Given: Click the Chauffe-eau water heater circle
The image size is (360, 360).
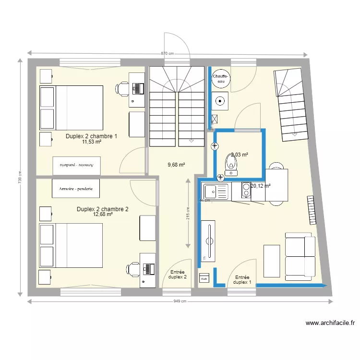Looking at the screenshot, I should click(221, 79).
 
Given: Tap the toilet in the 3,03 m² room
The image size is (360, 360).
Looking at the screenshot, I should click(232, 163).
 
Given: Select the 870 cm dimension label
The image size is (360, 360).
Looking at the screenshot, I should click(167, 54).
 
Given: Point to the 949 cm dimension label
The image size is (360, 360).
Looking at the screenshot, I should click(180, 301).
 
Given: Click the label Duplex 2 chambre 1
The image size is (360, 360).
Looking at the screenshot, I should click(92, 136).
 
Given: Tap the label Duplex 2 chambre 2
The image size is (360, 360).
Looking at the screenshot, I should click(103, 209).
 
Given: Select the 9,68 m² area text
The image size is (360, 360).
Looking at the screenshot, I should click(176, 165).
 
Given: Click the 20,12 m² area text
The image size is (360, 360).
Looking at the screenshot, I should click(260, 186).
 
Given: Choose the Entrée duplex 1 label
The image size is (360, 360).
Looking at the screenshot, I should click(242, 280).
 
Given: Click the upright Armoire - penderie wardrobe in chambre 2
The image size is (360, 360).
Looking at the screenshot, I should click(76, 189).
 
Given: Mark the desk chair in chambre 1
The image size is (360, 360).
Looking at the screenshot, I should click(122, 88).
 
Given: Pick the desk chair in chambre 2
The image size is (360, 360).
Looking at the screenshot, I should click(132, 269).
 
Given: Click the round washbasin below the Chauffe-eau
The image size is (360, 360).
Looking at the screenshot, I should click(220, 101).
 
